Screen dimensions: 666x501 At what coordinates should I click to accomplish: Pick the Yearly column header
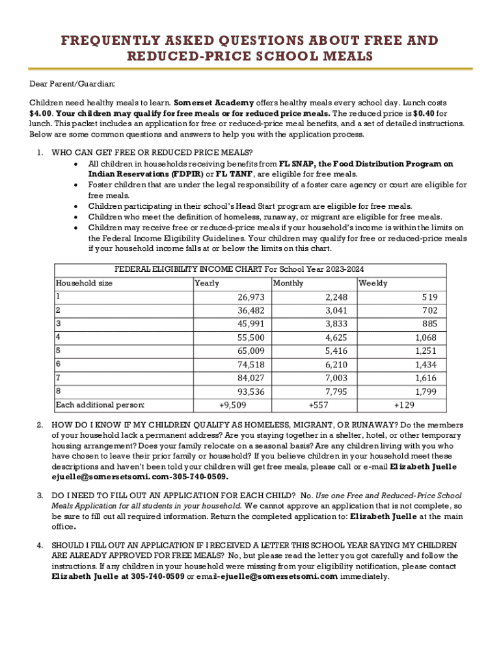click(x=207, y=283)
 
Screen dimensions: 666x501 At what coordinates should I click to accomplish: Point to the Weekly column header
click(x=373, y=283)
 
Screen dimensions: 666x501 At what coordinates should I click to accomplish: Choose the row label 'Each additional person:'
click(x=100, y=405)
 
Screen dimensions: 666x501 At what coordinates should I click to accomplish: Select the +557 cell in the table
click(x=318, y=405)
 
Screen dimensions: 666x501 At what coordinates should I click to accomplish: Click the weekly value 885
click(x=430, y=324)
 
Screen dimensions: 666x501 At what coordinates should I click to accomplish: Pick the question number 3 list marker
click(x=40, y=496)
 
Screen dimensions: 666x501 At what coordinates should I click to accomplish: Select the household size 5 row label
click(x=59, y=351)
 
